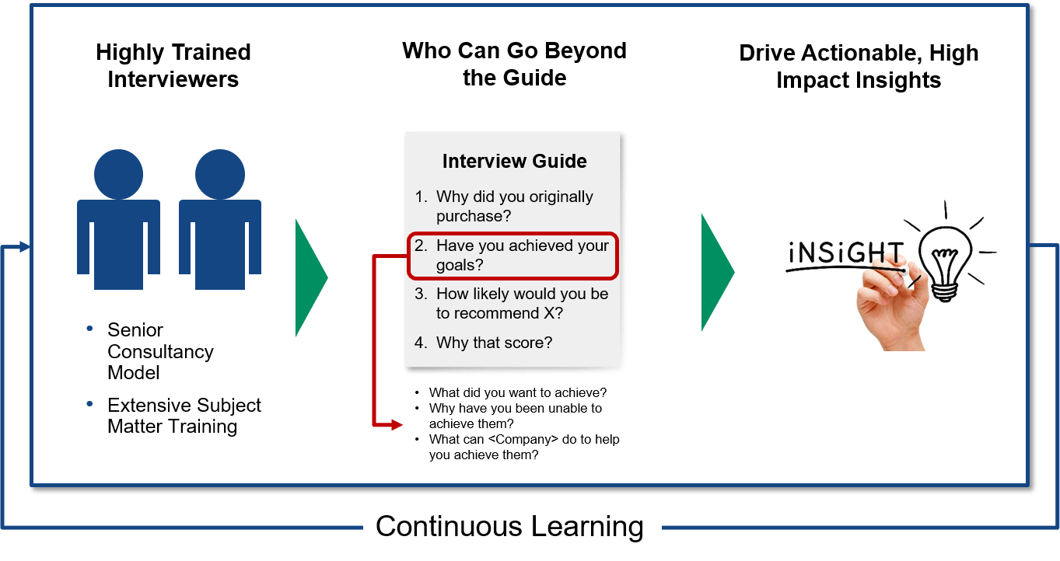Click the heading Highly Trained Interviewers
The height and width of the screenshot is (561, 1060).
pos(173,65)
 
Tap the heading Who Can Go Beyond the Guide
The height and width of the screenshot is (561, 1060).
pos(514,64)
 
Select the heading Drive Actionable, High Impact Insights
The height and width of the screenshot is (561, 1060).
pos(859,66)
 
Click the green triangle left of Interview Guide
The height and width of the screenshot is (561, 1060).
pos(310,277)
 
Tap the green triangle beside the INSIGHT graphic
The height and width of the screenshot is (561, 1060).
pos(715,273)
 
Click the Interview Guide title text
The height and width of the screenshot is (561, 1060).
pos(514,161)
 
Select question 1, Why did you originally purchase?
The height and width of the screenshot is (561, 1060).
pos(513,206)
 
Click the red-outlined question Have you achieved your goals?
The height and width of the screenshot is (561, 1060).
pos(513,256)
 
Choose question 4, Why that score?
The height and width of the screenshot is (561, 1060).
pos(494,342)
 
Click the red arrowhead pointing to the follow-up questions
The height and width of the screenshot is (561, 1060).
pos(397,425)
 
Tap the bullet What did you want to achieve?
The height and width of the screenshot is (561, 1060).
pos(517,392)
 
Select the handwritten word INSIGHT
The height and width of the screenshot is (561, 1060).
pos(845,253)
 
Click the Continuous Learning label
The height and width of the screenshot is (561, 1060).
pos(509,526)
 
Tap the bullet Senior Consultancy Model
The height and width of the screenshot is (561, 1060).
pos(160,351)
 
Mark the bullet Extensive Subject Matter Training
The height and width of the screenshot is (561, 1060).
pos(184,416)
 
